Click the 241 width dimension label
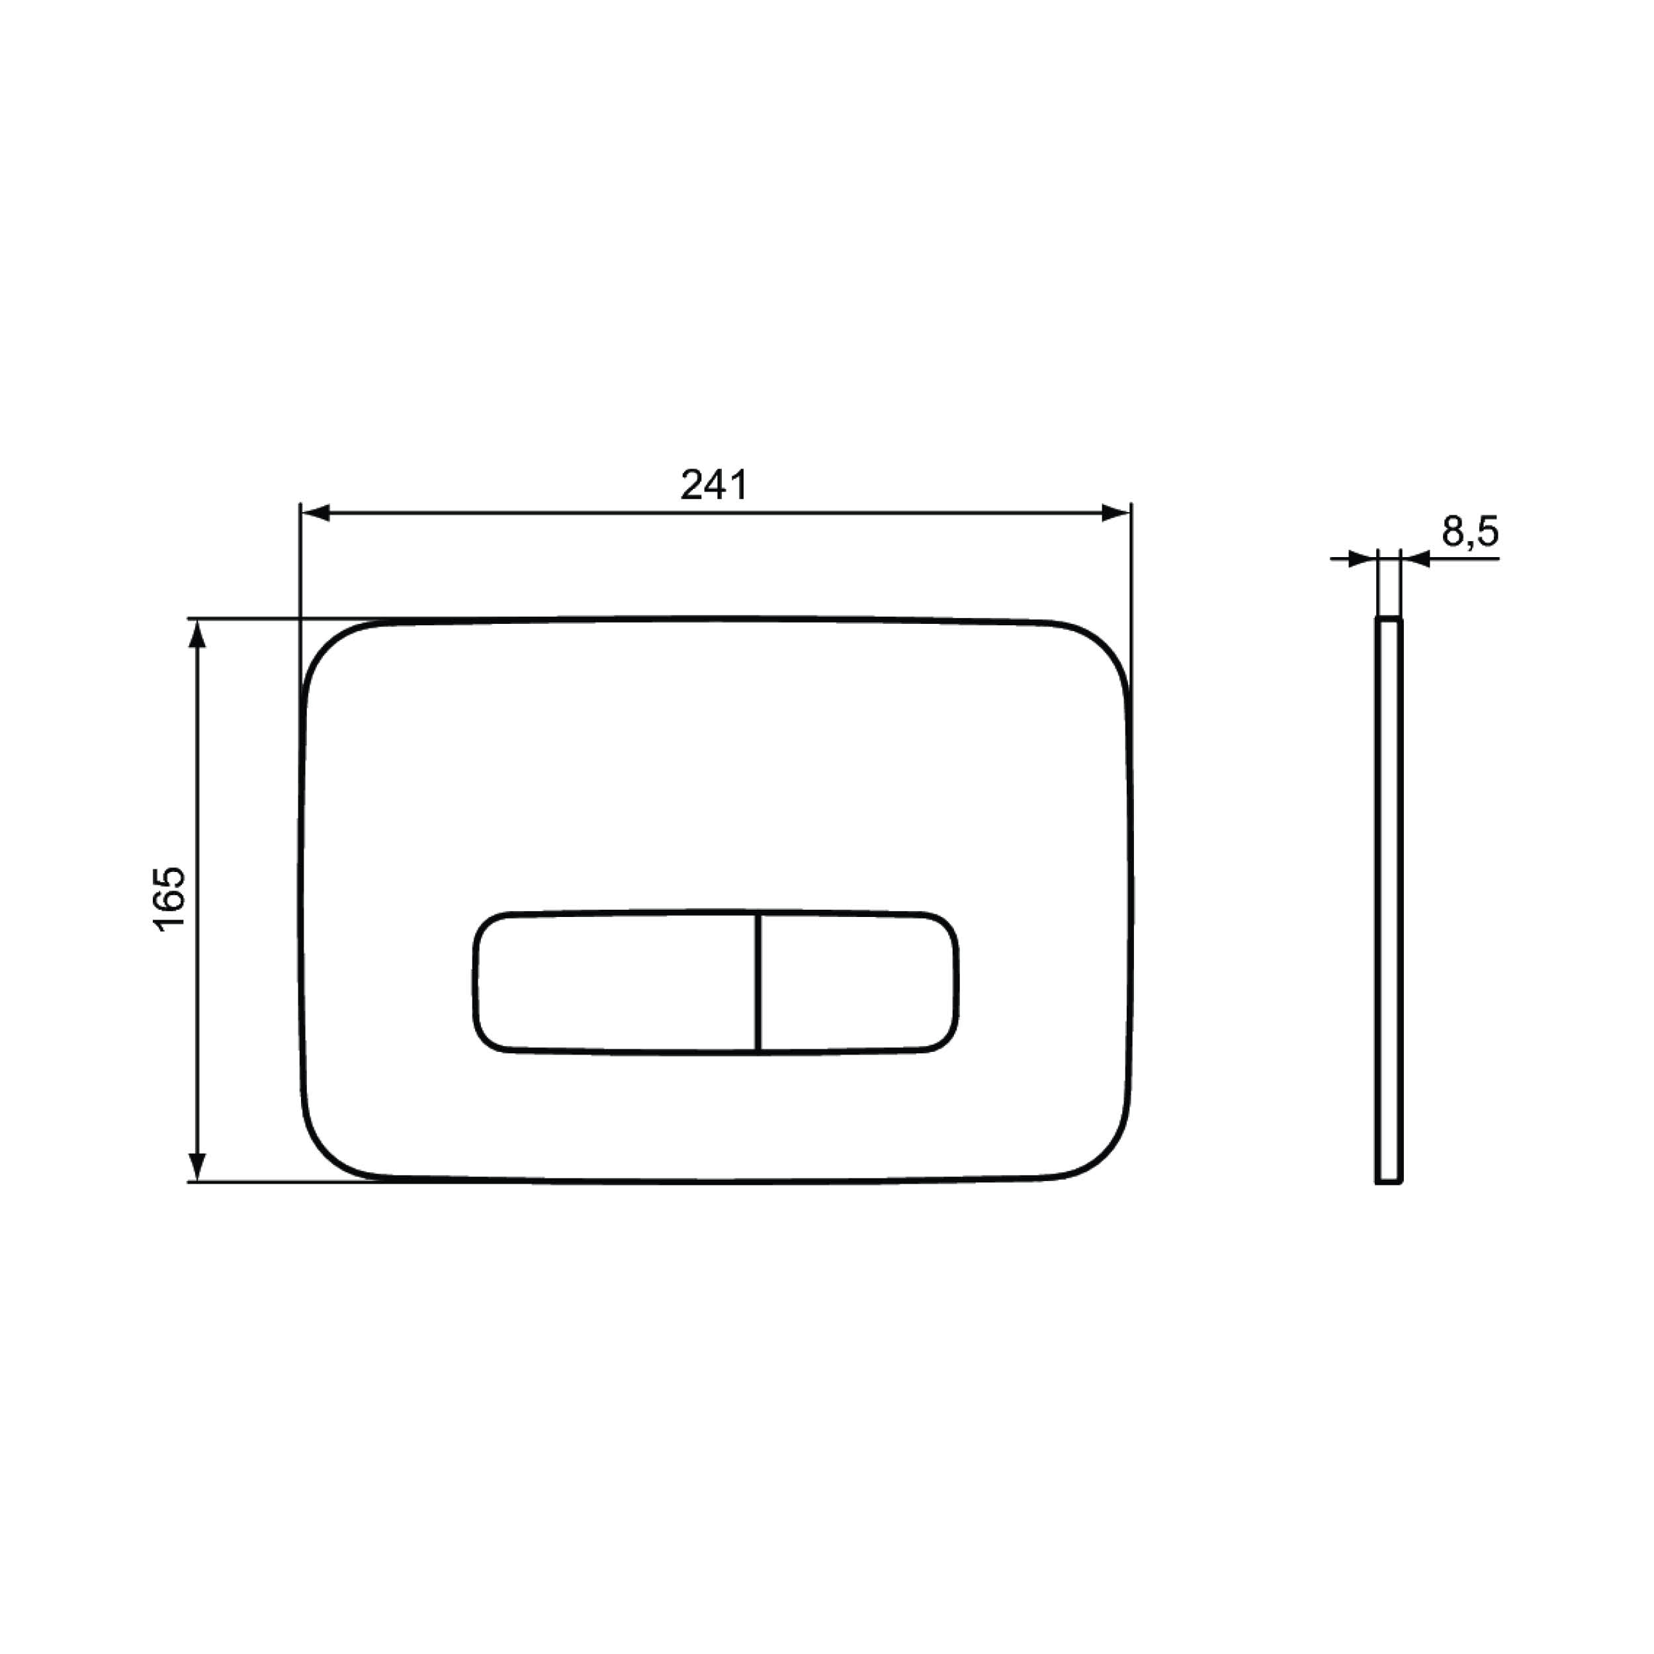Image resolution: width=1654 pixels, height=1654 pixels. click(x=714, y=484)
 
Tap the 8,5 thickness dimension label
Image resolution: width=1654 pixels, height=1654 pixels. click(x=1470, y=532)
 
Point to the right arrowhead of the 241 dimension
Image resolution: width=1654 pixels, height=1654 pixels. click(x=1115, y=513)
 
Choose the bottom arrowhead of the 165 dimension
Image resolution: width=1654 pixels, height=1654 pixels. click(x=197, y=1166)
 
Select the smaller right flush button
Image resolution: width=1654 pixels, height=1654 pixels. click(x=858, y=982)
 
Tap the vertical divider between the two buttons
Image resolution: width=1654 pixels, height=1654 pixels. click(x=758, y=982)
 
